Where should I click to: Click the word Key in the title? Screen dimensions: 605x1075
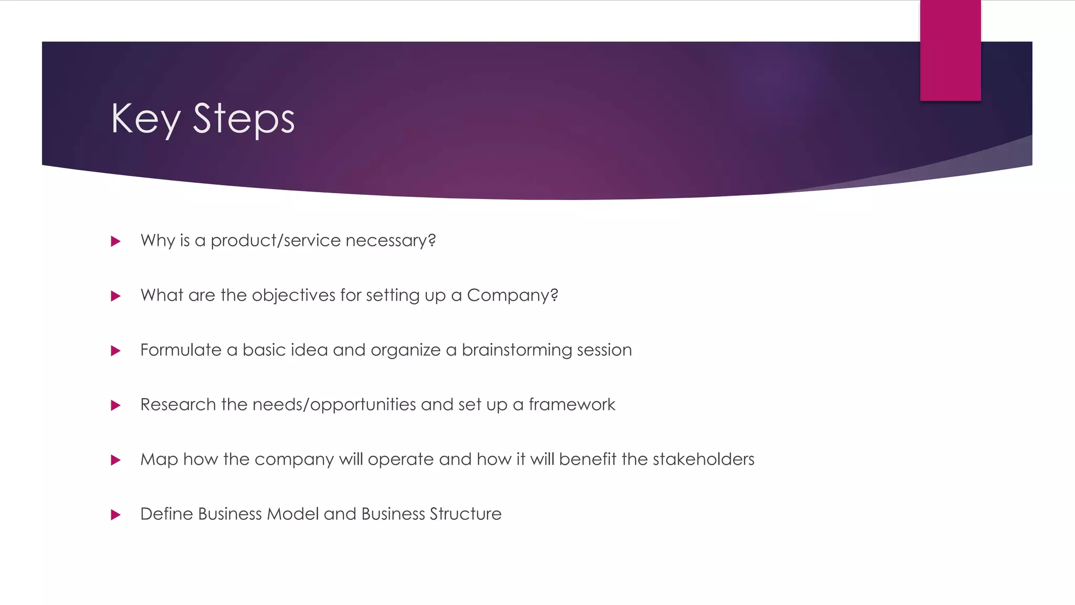point(145,119)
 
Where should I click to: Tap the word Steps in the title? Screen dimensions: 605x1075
point(244,119)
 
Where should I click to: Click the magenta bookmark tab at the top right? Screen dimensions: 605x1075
point(950,50)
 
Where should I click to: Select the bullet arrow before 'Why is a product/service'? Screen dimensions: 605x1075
point(116,242)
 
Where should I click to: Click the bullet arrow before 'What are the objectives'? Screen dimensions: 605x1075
point(116,296)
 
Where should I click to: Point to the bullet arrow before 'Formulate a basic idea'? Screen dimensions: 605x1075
point(116,351)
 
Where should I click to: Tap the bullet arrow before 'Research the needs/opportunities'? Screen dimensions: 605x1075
point(116,405)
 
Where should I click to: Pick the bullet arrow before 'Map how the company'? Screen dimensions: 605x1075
point(116,460)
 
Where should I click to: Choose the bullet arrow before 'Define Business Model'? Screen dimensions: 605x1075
point(116,515)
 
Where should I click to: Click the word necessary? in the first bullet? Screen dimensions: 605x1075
point(391,241)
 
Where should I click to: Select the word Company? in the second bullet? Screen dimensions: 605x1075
point(512,295)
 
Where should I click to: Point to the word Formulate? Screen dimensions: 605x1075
point(181,350)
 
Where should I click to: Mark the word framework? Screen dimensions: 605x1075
point(572,404)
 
